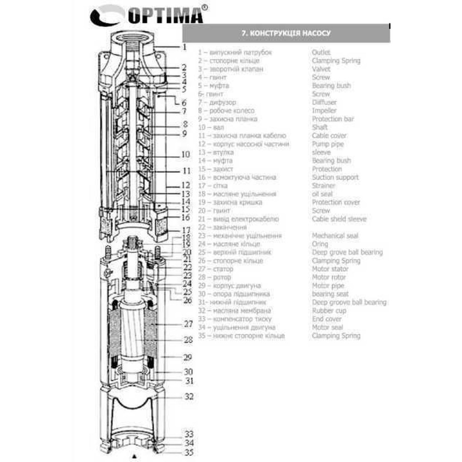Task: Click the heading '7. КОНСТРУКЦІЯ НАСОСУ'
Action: tap(286, 34)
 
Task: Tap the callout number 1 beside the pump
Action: tap(184, 47)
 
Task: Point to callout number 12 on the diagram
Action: tap(186, 185)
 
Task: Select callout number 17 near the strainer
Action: tap(186, 230)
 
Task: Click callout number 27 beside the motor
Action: tap(188, 324)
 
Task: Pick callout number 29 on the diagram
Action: tap(188, 357)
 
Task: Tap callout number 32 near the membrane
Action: tap(188, 396)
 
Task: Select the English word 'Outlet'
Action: tap(321, 53)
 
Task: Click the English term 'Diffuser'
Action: tap(324, 103)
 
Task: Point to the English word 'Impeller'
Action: tap(324, 111)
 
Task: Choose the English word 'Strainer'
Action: tap(323, 186)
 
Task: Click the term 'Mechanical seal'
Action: tap(335, 236)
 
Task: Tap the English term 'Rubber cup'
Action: tap(329, 311)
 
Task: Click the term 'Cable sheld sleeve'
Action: tap(339, 219)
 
